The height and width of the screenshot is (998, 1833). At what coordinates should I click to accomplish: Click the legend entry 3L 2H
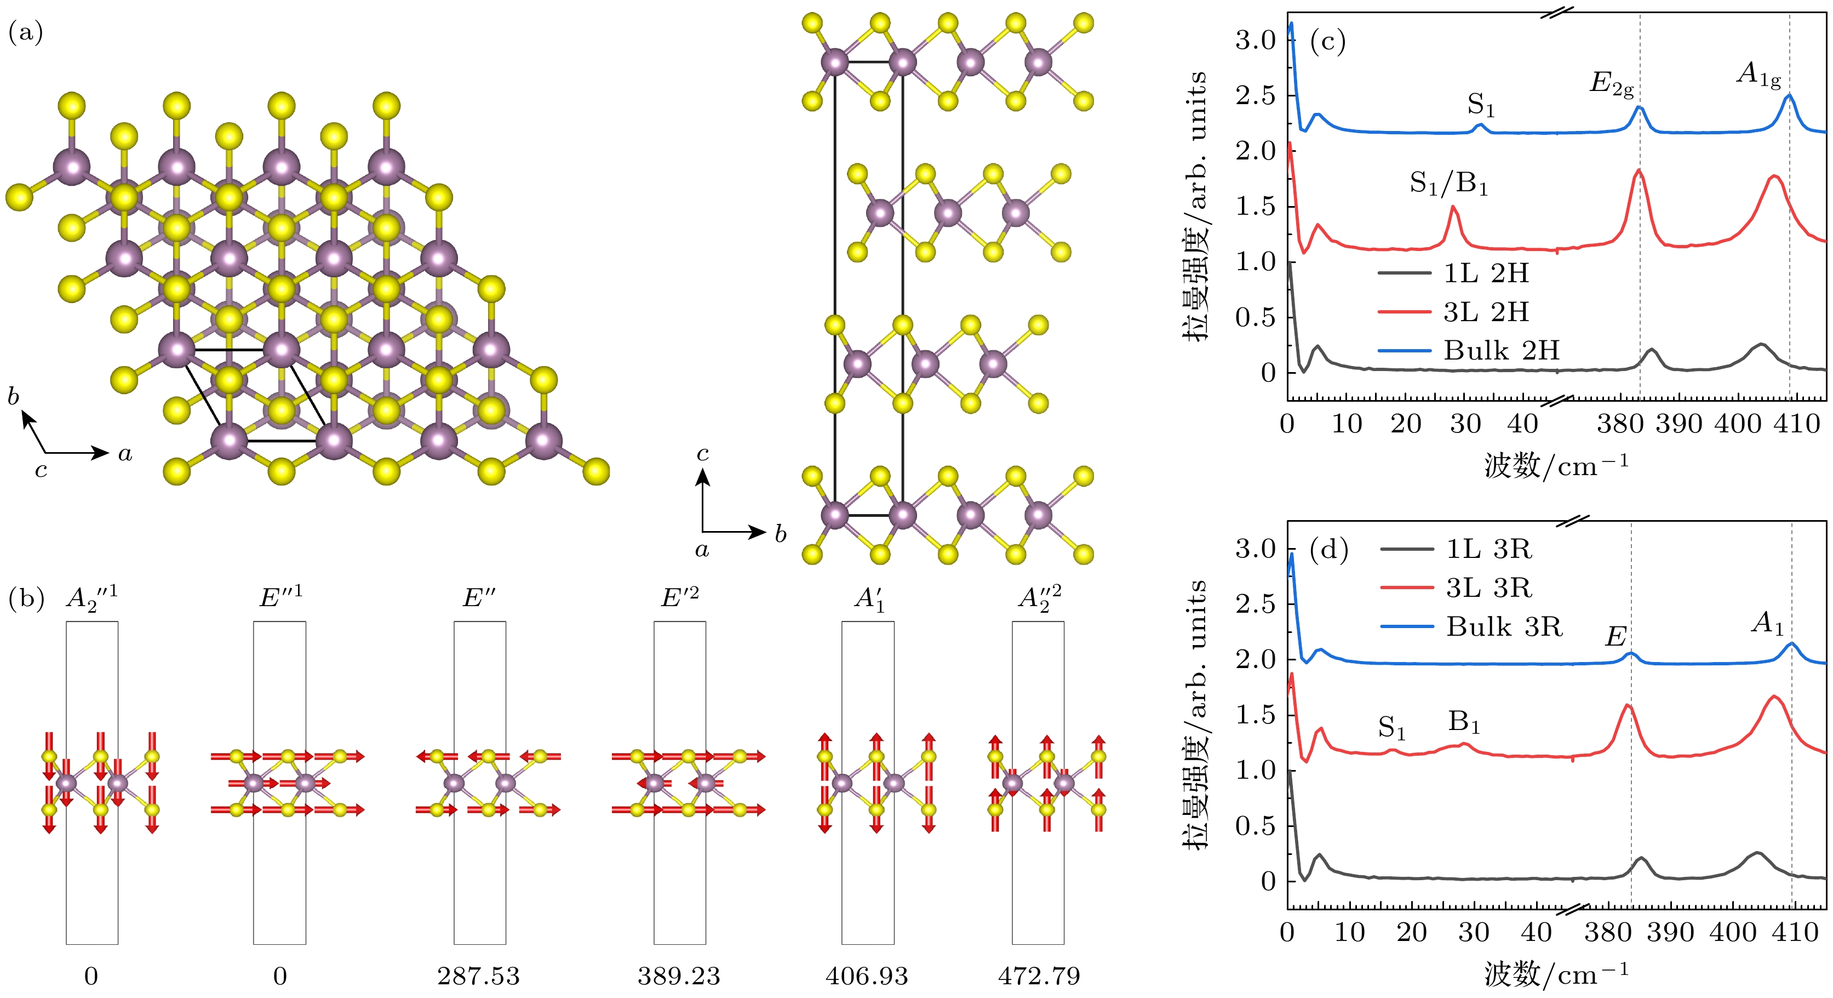pos(1486,312)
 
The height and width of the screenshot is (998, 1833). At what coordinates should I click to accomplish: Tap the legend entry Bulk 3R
pos(1504,626)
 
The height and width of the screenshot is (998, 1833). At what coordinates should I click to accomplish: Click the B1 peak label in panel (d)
pos(1464,722)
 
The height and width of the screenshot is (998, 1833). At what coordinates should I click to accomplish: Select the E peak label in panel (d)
pos(1616,636)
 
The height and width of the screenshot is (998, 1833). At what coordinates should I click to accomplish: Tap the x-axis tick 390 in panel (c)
pos(1679,424)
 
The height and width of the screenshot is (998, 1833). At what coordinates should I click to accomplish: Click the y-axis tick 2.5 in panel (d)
pos(1255,603)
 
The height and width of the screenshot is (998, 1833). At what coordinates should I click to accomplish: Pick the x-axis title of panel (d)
pos(1556,974)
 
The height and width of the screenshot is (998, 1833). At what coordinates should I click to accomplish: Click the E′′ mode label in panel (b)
pos(479,598)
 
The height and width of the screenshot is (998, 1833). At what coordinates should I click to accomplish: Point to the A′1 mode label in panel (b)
pos(869,600)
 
